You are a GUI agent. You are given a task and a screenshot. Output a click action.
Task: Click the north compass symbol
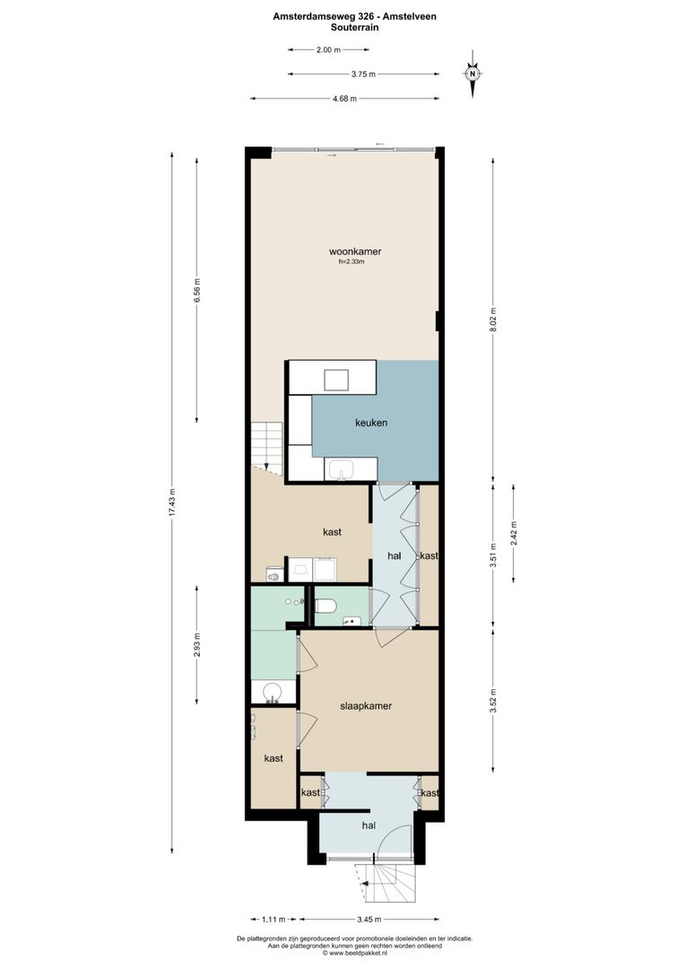pos(473,74)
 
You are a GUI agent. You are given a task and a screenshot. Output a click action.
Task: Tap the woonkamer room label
pos(349,252)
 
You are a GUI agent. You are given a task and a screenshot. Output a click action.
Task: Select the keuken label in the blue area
pos(371,422)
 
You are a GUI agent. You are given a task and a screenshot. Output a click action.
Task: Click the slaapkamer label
pos(366,706)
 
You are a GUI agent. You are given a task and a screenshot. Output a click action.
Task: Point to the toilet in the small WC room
pos(326,606)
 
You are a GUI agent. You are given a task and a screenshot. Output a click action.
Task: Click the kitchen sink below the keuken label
pos(342,469)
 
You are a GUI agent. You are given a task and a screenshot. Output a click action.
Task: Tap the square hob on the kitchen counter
pos(337,380)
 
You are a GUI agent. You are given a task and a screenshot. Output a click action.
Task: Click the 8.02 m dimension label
pos(492,320)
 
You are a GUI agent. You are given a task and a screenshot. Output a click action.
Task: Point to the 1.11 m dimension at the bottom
pos(274,920)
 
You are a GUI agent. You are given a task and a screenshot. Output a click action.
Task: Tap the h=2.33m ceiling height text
pos(351,263)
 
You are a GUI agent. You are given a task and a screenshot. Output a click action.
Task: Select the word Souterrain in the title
pos(342,28)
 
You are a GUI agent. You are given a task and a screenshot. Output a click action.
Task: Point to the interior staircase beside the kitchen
pos(266,446)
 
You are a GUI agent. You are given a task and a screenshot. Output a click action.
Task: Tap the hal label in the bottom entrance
pos(368,825)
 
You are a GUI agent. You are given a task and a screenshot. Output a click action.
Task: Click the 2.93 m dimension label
pos(197,646)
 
